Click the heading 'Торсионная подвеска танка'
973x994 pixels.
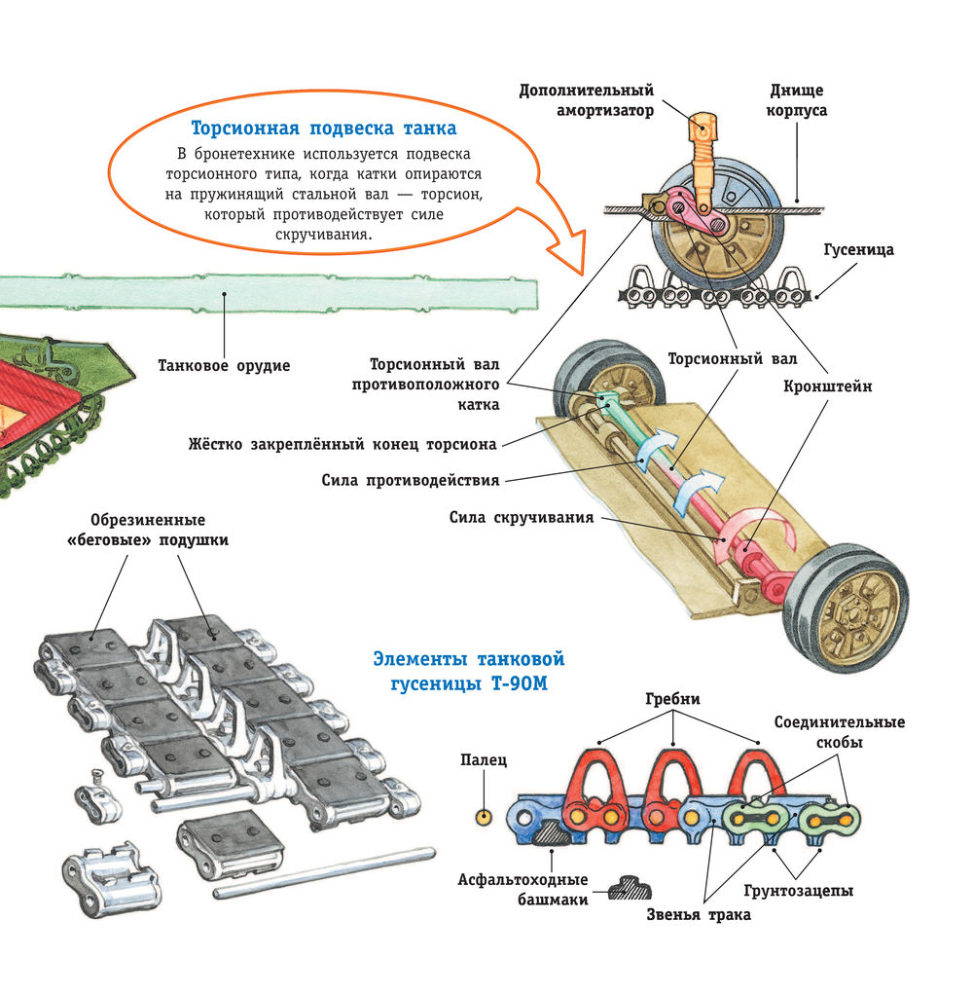click(x=324, y=129)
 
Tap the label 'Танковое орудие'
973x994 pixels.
click(x=224, y=366)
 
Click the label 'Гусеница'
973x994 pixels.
click(x=858, y=250)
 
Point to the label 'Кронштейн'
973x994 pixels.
click(x=827, y=387)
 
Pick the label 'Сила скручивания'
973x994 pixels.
click(x=522, y=517)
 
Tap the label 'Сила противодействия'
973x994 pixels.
click(x=411, y=481)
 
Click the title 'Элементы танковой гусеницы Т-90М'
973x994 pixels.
click(x=469, y=672)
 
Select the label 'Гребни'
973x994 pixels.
click(x=672, y=699)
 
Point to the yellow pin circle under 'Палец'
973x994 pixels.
click(x=484, y=817)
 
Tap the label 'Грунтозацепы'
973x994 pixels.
click(x=798, y=891)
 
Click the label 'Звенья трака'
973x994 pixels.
click(x=699, y=915)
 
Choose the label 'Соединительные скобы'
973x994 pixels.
click(x=840, y=732)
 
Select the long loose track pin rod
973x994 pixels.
click(x=324, y=873)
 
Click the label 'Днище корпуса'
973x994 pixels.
click(x=796, y=100)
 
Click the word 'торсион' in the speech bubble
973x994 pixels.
click(x=451, y=195)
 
